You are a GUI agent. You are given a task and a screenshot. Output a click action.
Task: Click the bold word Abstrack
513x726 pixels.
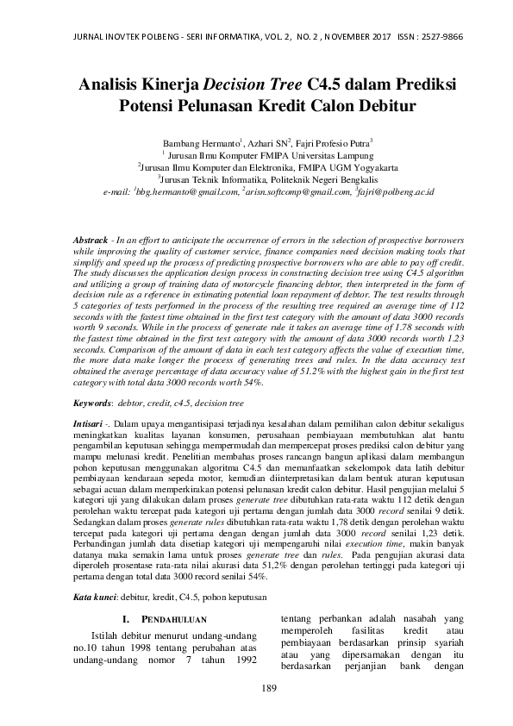click(89, 238)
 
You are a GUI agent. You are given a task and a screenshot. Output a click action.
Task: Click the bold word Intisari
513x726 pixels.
click(88, 425)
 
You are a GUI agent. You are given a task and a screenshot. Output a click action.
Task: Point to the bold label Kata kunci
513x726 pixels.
click(94, 597)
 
